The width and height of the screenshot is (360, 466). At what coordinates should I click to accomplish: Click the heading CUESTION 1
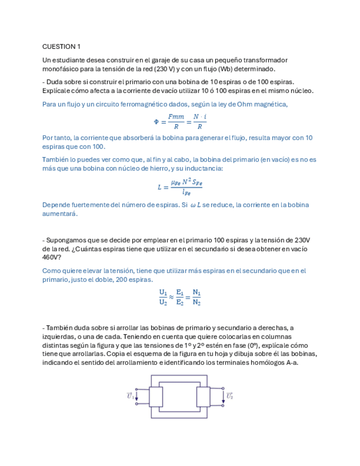(62, 46)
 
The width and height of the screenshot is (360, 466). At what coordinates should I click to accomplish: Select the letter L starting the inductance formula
(160, 187)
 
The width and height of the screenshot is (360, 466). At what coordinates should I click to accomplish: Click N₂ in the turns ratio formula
(197, 302)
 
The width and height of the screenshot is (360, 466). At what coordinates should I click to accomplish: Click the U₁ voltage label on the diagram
(130, 396)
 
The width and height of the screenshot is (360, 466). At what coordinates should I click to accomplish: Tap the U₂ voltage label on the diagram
(229, 396)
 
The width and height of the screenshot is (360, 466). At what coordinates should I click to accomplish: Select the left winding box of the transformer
(156, 396)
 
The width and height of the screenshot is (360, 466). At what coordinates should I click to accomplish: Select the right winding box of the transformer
(203, 396)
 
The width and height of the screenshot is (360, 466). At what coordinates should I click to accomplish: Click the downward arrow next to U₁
(138, 396)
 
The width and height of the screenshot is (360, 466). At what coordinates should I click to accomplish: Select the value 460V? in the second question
(52, 257)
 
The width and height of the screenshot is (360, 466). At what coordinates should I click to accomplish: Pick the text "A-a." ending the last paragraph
(290, 363)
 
